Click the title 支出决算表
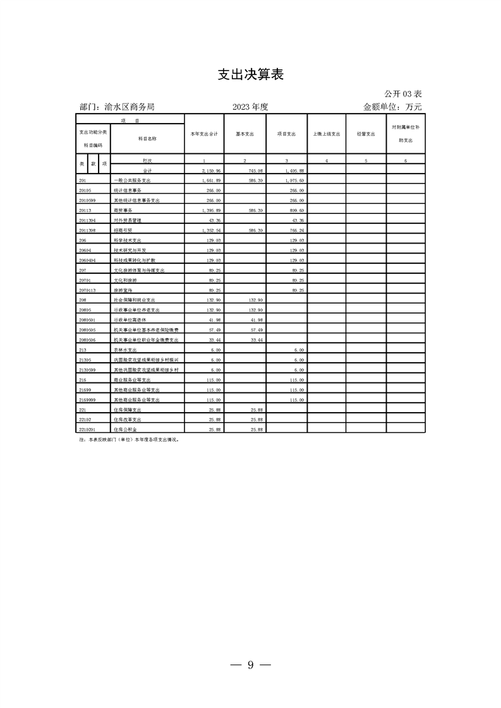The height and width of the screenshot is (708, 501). [250, 74]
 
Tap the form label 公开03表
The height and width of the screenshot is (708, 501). [402, 94]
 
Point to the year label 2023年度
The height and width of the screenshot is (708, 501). [250, 107]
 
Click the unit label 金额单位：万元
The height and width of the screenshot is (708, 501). [392, 107]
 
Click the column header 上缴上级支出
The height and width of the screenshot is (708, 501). [327, 134]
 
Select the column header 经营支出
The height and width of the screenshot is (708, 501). [366, 134]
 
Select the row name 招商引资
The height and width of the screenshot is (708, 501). [123, 230]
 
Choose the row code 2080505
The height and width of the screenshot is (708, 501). [88, 329]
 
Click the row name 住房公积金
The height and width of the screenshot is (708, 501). [126, 428]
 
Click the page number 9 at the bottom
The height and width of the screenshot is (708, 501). [250, 664]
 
